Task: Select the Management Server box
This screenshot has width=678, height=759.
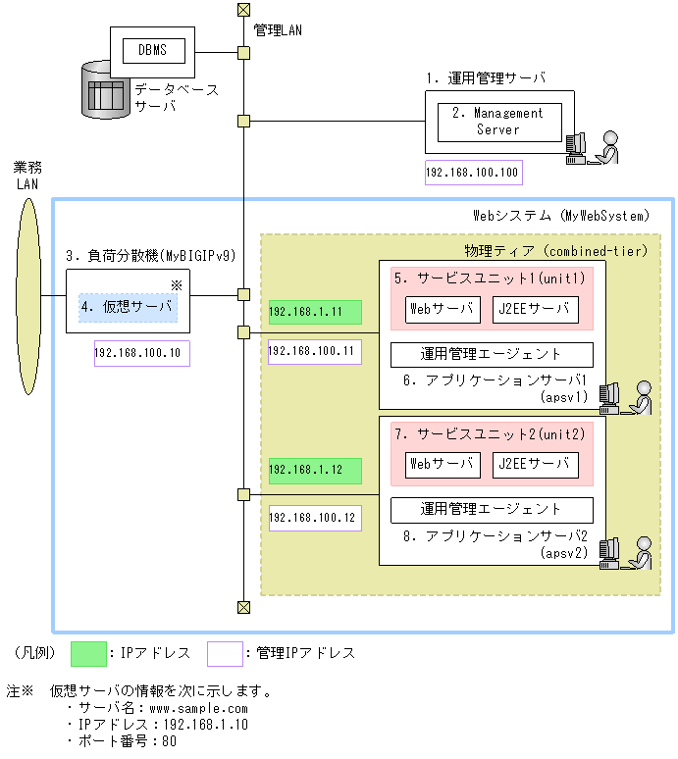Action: pos(498,123)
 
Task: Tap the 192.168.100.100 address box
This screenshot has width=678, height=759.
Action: pos(473,174)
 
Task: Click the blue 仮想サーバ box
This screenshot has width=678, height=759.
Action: pos(129,307)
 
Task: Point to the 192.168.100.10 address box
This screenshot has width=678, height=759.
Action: pos(141,353)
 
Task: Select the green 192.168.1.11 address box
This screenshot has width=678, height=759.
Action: pos(315,312)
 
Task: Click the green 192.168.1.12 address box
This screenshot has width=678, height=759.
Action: pos(315,470)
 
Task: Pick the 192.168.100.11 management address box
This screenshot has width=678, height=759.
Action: pos(314,351)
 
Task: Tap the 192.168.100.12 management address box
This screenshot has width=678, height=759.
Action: pos(314,518)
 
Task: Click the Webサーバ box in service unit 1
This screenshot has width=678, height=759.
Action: pos(443,310)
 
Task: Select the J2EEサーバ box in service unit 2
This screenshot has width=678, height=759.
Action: pos(535,464)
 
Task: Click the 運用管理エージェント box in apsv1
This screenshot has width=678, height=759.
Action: pos(492,354)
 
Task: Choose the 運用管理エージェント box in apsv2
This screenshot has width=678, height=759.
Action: pos(492,509)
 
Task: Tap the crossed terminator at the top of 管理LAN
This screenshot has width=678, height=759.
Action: pos(243,11)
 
